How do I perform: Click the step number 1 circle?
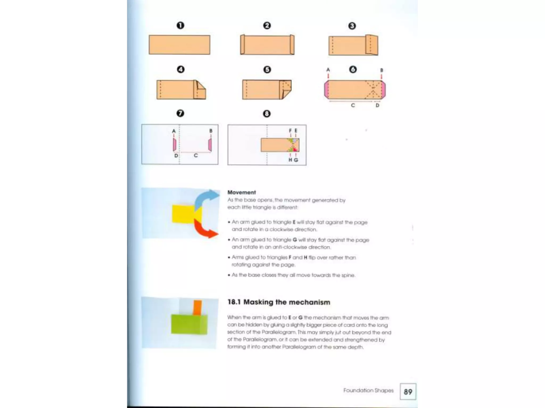[x=180, y=25]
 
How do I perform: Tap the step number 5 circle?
[x=267, y=70]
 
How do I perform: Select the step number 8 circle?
[x=267, y=114]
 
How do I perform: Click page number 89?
[x=408, y=392]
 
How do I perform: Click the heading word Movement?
[x=241, y=192]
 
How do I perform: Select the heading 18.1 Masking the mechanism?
[x=279, y=302]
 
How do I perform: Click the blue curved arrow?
[x=205, y=198]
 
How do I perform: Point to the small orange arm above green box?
[x=197, y=308]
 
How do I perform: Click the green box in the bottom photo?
[x=189, y=324]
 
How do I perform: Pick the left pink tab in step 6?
[x=326, y=90]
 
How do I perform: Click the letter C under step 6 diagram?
[x=353, y=105]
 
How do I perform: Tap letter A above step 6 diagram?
[x=328, y=70]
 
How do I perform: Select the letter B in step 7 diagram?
[x=211, y=131]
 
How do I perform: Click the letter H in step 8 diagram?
[x=290, y=160]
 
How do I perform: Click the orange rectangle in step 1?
[x=179, y=45]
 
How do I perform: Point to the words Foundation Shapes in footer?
[x=368, y=390]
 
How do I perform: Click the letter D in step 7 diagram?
[x=176, y=155]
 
